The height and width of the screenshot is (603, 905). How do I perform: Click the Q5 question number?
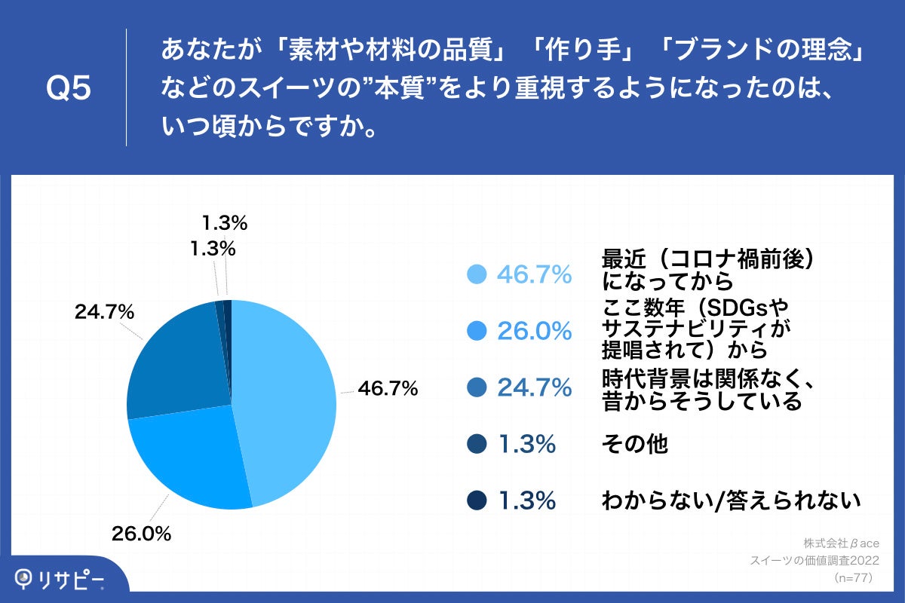69,89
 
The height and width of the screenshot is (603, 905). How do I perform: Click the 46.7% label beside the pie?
388,389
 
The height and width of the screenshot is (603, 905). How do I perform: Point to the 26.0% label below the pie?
142,534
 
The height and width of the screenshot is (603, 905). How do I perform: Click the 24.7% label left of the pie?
104,311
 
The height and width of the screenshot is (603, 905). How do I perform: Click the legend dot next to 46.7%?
477,275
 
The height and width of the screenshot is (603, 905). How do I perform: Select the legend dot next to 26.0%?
477,331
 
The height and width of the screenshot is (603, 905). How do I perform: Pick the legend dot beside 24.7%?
477,388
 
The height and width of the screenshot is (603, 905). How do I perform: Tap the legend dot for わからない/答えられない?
477,500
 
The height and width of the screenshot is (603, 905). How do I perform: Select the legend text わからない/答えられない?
731,500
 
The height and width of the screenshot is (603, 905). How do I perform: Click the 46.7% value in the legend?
533,276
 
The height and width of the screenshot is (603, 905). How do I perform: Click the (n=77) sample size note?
852,578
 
